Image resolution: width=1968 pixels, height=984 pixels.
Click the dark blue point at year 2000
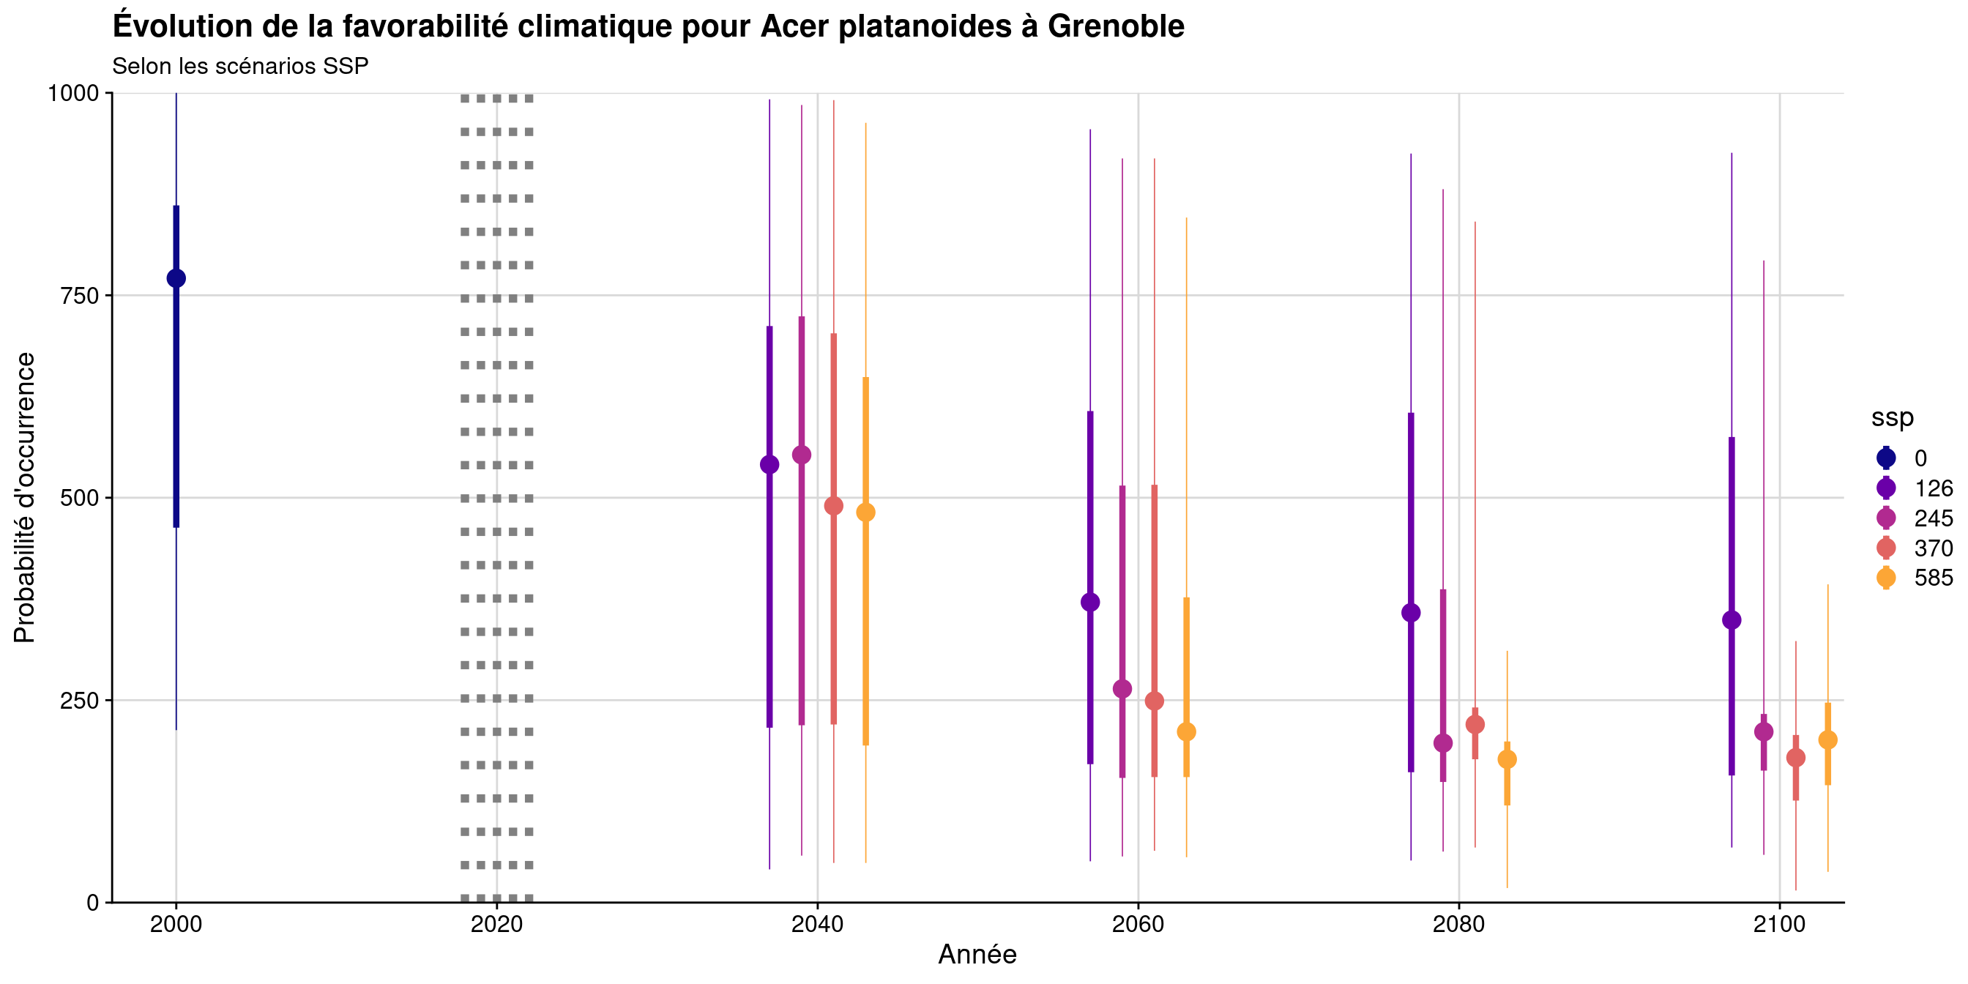pos(176,278)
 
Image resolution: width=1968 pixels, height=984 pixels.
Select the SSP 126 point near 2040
pos(769,464)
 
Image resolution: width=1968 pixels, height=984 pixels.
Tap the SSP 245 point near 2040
pos(802,455)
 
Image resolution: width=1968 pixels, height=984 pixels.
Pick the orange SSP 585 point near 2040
pos(865,512)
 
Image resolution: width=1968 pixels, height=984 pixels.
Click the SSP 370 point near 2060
pos(1155,701)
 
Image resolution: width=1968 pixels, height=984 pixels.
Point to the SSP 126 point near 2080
pos(1411,613)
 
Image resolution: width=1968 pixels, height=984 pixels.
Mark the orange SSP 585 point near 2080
pos(1507,759)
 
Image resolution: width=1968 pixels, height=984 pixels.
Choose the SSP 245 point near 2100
pos(1764,732)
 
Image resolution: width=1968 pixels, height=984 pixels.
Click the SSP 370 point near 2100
pos(1796,758)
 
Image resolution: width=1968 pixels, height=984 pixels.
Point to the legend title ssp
pos(1893,417)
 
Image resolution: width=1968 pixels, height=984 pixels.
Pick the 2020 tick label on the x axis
pos(496,925)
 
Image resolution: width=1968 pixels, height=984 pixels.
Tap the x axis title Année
pos(977,955)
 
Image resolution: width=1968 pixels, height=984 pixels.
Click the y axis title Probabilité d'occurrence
pos(24,497)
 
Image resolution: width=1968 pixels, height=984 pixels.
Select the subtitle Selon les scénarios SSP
pos(241,67)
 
